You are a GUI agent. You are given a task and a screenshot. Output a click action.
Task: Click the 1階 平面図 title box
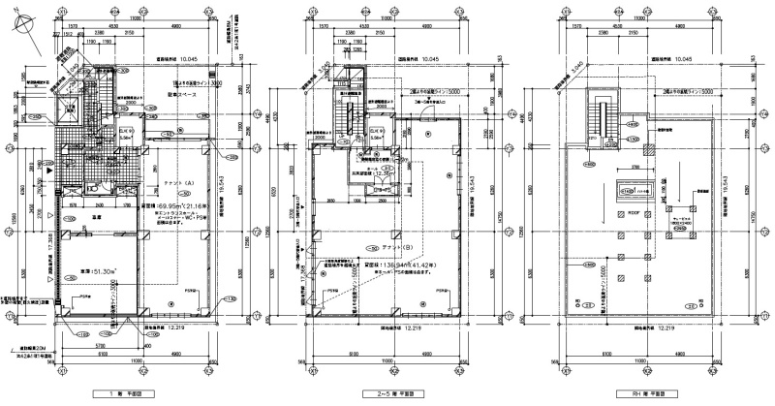pyautogui.click(x=129, y=393)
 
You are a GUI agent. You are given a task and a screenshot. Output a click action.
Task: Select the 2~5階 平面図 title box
pyautogui.click(x=388, y=393)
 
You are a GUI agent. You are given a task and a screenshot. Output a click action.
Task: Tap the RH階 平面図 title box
pyautogui.click(x=646, y=393)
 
